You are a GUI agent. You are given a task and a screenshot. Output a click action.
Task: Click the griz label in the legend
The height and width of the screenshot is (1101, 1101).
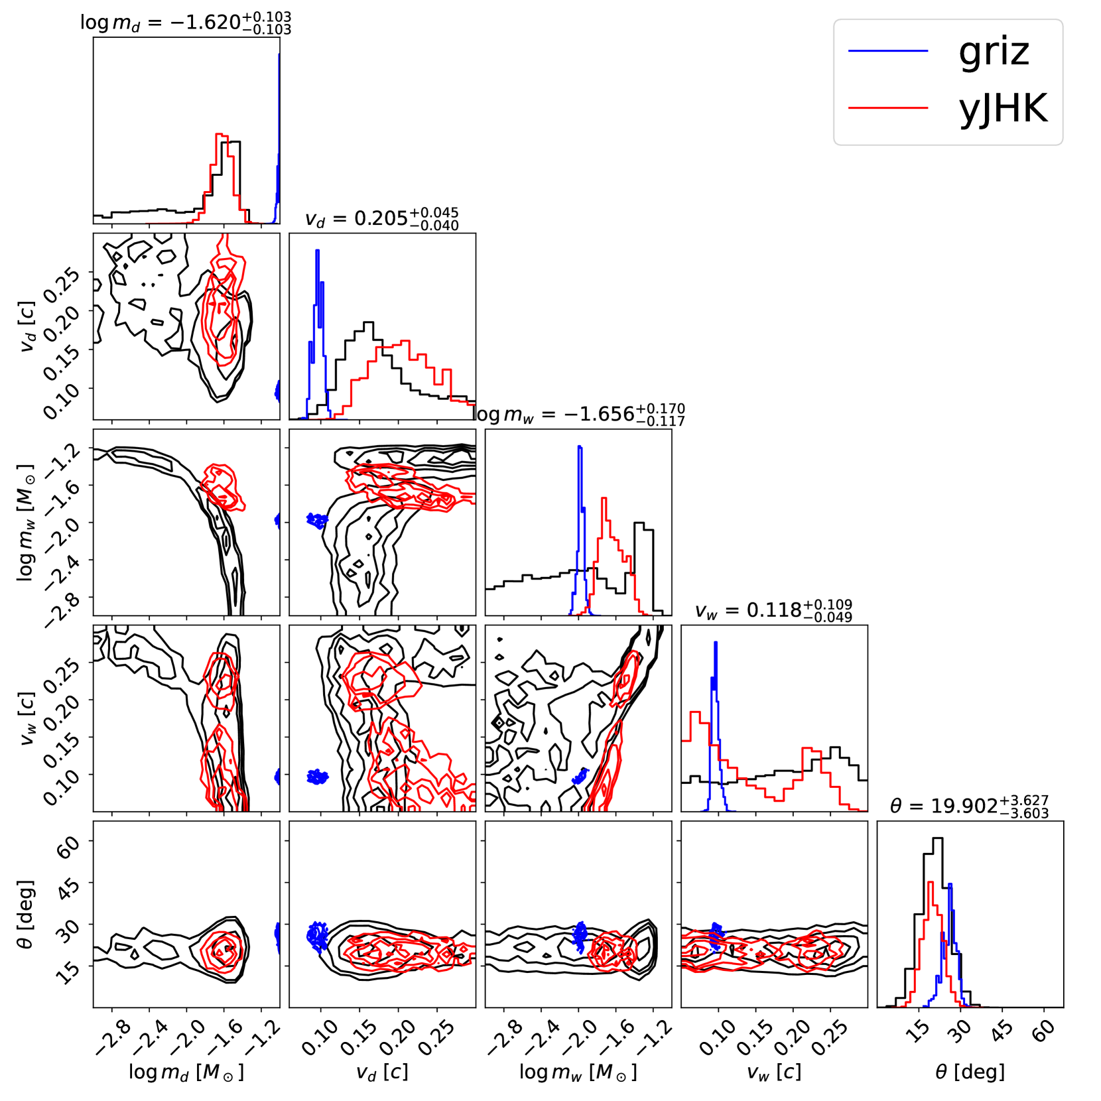(x=994, y=51)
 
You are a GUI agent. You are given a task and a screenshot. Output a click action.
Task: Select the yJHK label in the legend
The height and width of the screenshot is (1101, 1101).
(x=1003, y=108)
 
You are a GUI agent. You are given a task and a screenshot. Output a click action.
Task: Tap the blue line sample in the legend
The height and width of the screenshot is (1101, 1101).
(x=887, y=51)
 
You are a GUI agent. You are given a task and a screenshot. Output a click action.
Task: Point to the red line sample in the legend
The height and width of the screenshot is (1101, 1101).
(x=887, y=107)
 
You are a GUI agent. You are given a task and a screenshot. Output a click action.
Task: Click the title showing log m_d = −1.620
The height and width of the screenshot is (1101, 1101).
(x=186, y=22)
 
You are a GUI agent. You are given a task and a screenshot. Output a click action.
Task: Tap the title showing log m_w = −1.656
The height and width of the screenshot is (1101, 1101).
(x=578, y=414)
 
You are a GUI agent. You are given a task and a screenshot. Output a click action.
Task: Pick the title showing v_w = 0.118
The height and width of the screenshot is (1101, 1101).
(x=773, y=610)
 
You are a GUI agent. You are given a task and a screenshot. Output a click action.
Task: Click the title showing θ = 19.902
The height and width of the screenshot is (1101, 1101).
(x=970, y=805)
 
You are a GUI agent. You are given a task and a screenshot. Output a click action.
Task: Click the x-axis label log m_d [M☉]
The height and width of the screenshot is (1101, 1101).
(x=186, y=1072)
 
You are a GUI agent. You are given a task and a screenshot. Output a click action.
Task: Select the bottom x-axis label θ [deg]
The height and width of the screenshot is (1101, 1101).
(x=970, y=1072)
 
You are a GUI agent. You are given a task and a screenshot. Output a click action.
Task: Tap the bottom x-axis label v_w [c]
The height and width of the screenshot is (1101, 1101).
(x=774, y=1072)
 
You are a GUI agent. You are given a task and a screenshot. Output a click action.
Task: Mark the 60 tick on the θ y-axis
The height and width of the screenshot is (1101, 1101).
(x=68, y=846)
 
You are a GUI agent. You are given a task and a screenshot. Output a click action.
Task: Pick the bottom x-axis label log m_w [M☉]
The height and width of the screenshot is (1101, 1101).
(x=578, y=1072)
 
